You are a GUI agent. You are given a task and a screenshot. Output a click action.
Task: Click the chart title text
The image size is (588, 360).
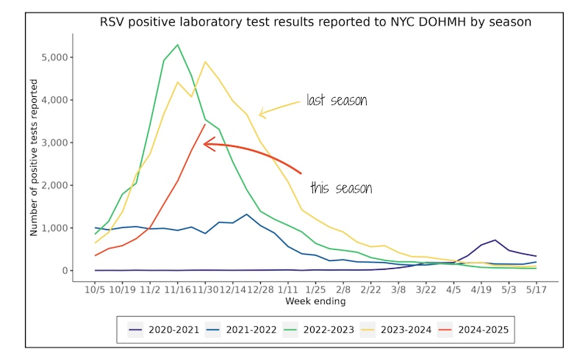point(315,23)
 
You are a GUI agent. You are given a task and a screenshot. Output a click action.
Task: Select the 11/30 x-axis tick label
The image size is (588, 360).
point(205,290)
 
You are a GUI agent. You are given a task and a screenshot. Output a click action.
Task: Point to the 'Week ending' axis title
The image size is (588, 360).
point(315,301)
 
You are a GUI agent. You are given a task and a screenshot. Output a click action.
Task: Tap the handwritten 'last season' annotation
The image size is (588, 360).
point(337,100)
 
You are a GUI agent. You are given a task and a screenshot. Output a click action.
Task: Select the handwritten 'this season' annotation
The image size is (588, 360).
point(340,188)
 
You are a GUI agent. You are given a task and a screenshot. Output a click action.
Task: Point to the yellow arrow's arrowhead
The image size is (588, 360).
point(262,113)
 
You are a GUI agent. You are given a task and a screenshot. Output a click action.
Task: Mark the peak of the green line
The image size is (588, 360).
point(177,45)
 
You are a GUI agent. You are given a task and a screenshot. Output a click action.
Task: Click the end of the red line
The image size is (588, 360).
point(205,125)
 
